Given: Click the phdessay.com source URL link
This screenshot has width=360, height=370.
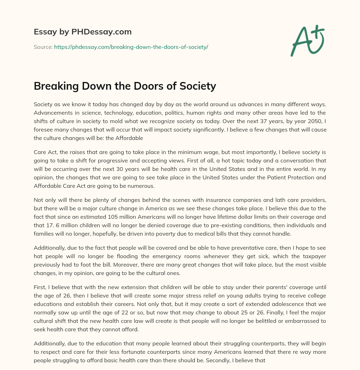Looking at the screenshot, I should tap(131, 47).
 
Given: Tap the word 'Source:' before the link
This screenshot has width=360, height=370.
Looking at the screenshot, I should tap(43, 47).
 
